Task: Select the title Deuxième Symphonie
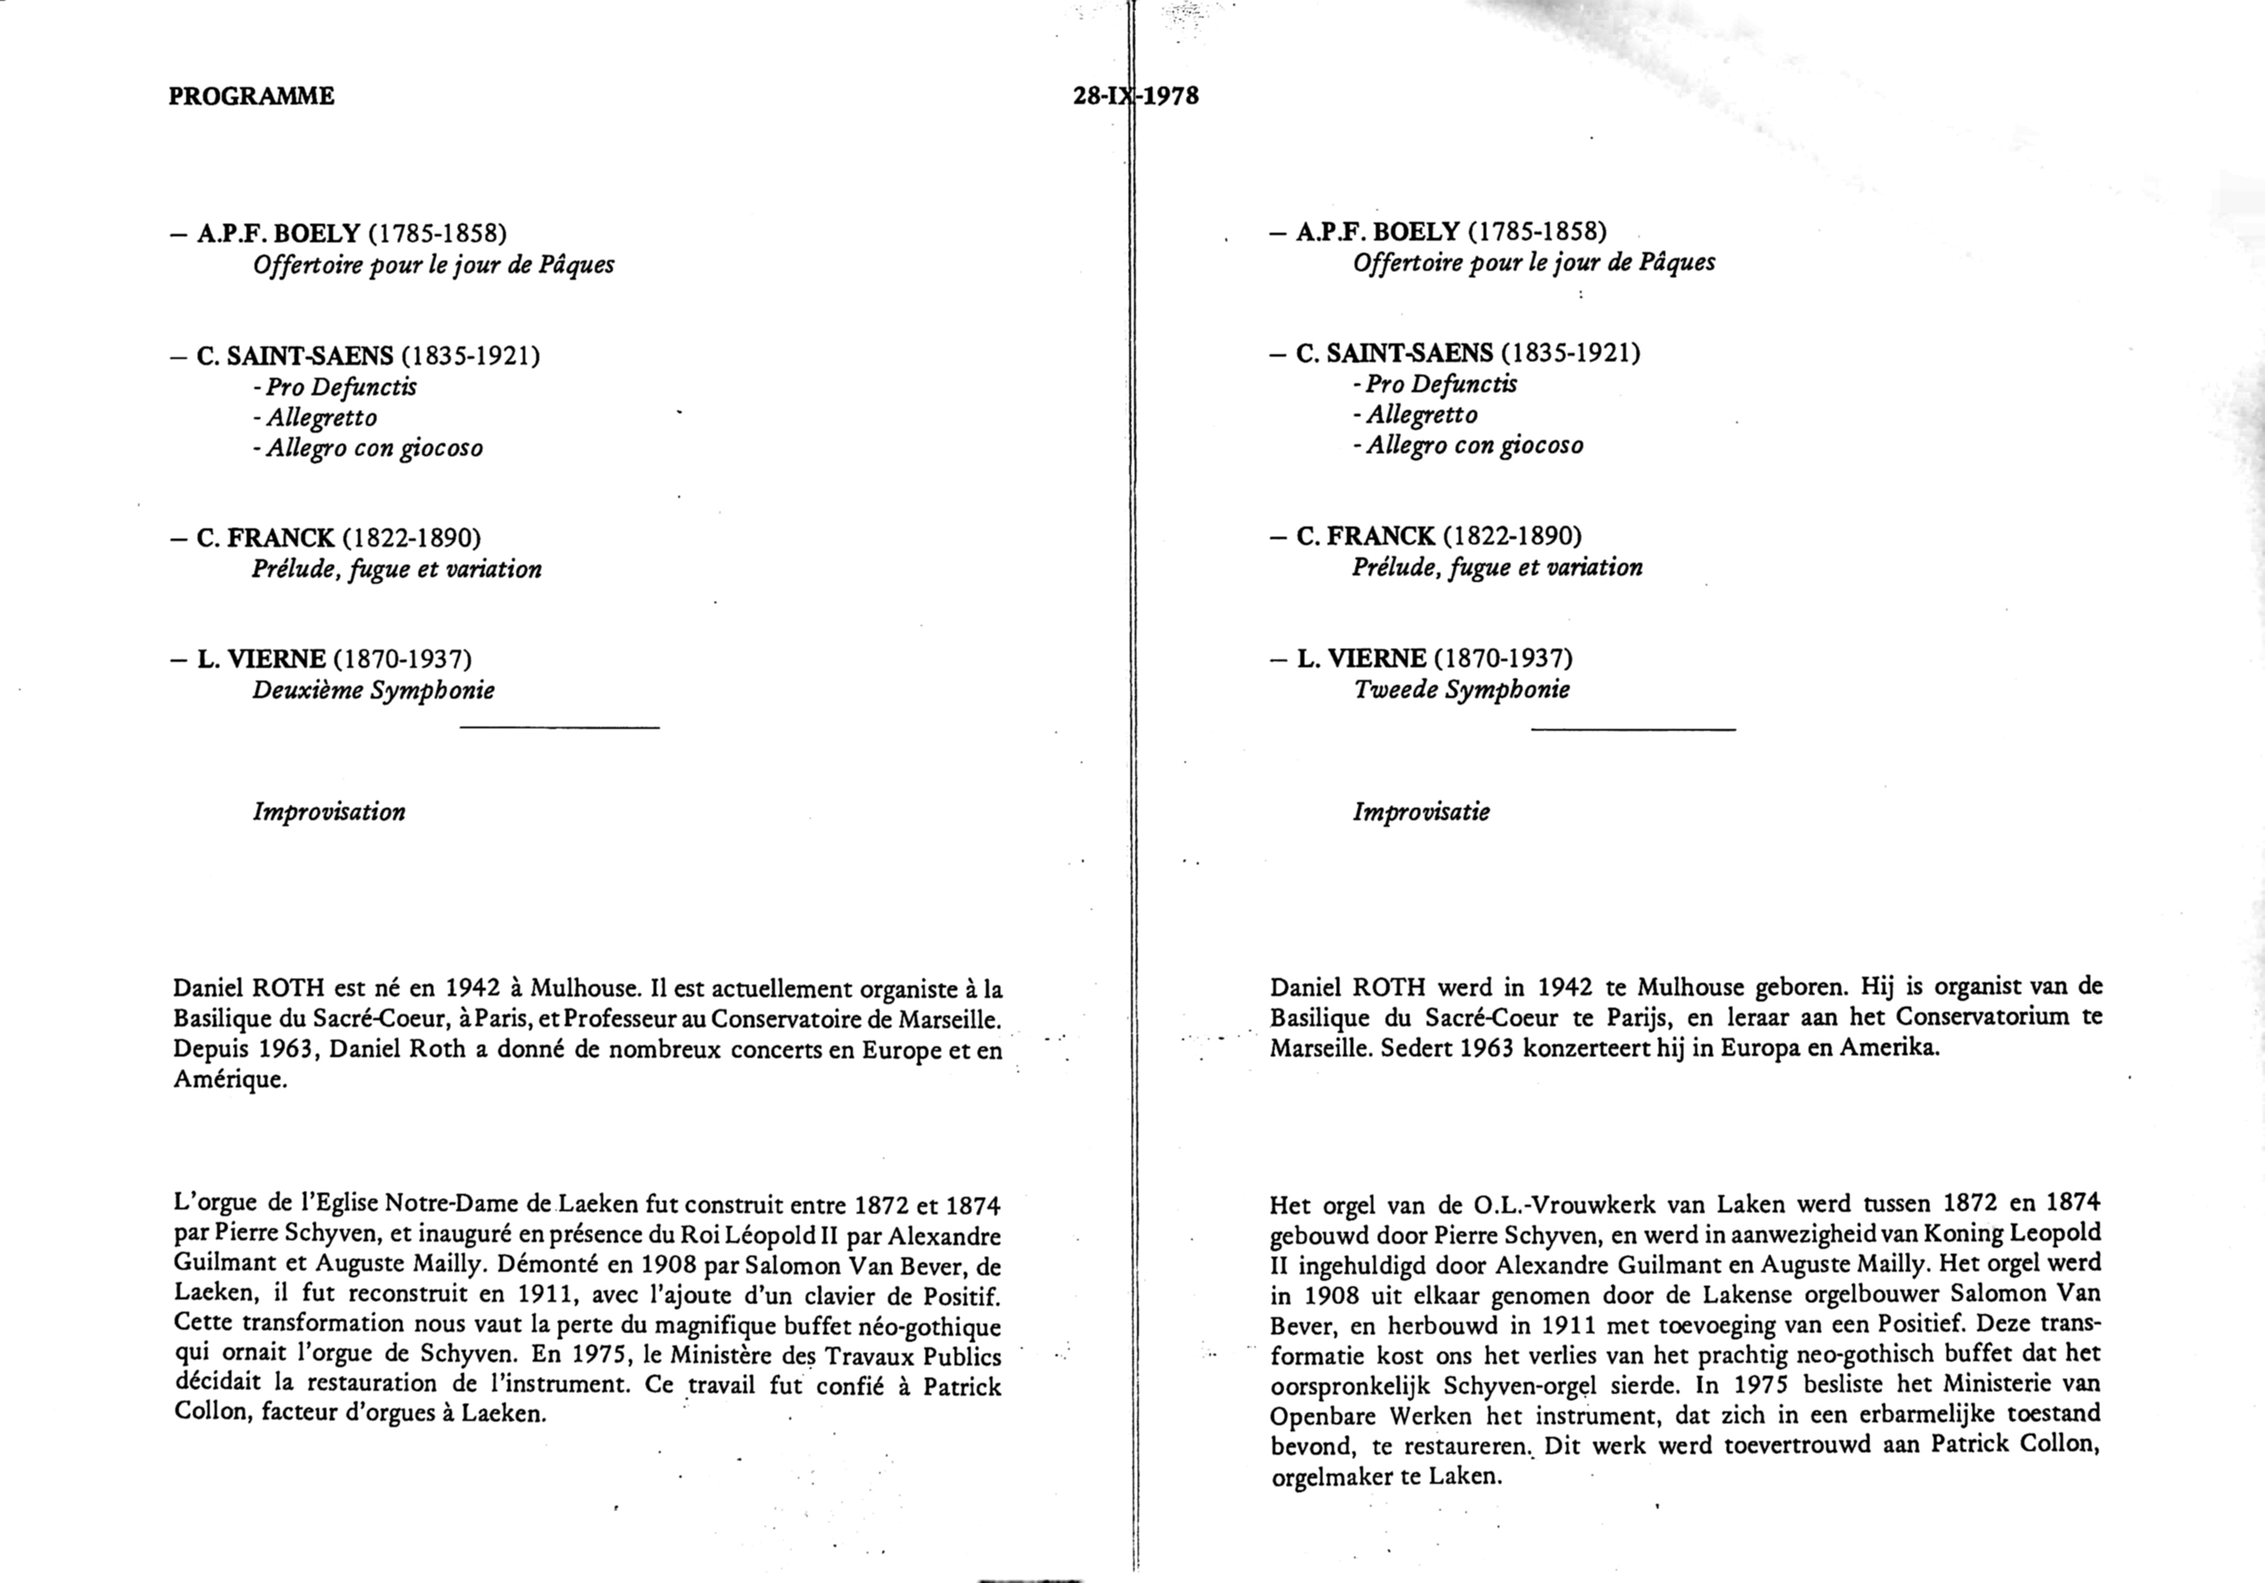(373, 690)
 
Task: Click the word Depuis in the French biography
(210, 1049)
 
